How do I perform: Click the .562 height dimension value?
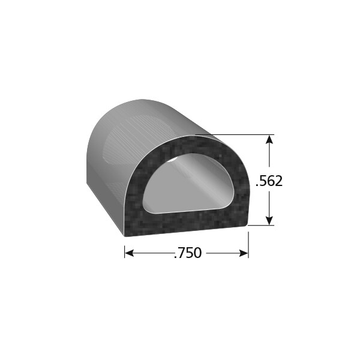tap(269, 181)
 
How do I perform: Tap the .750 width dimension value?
tap(187, 253)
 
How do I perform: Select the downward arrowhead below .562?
tap(269, 220)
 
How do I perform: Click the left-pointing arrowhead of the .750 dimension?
tap(129, 253)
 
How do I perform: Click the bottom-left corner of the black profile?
tap(125, 234)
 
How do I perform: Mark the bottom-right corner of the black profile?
tap(247, 226)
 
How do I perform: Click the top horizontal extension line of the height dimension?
tap(240, 135)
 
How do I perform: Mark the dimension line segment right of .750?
tap(222, 253)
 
